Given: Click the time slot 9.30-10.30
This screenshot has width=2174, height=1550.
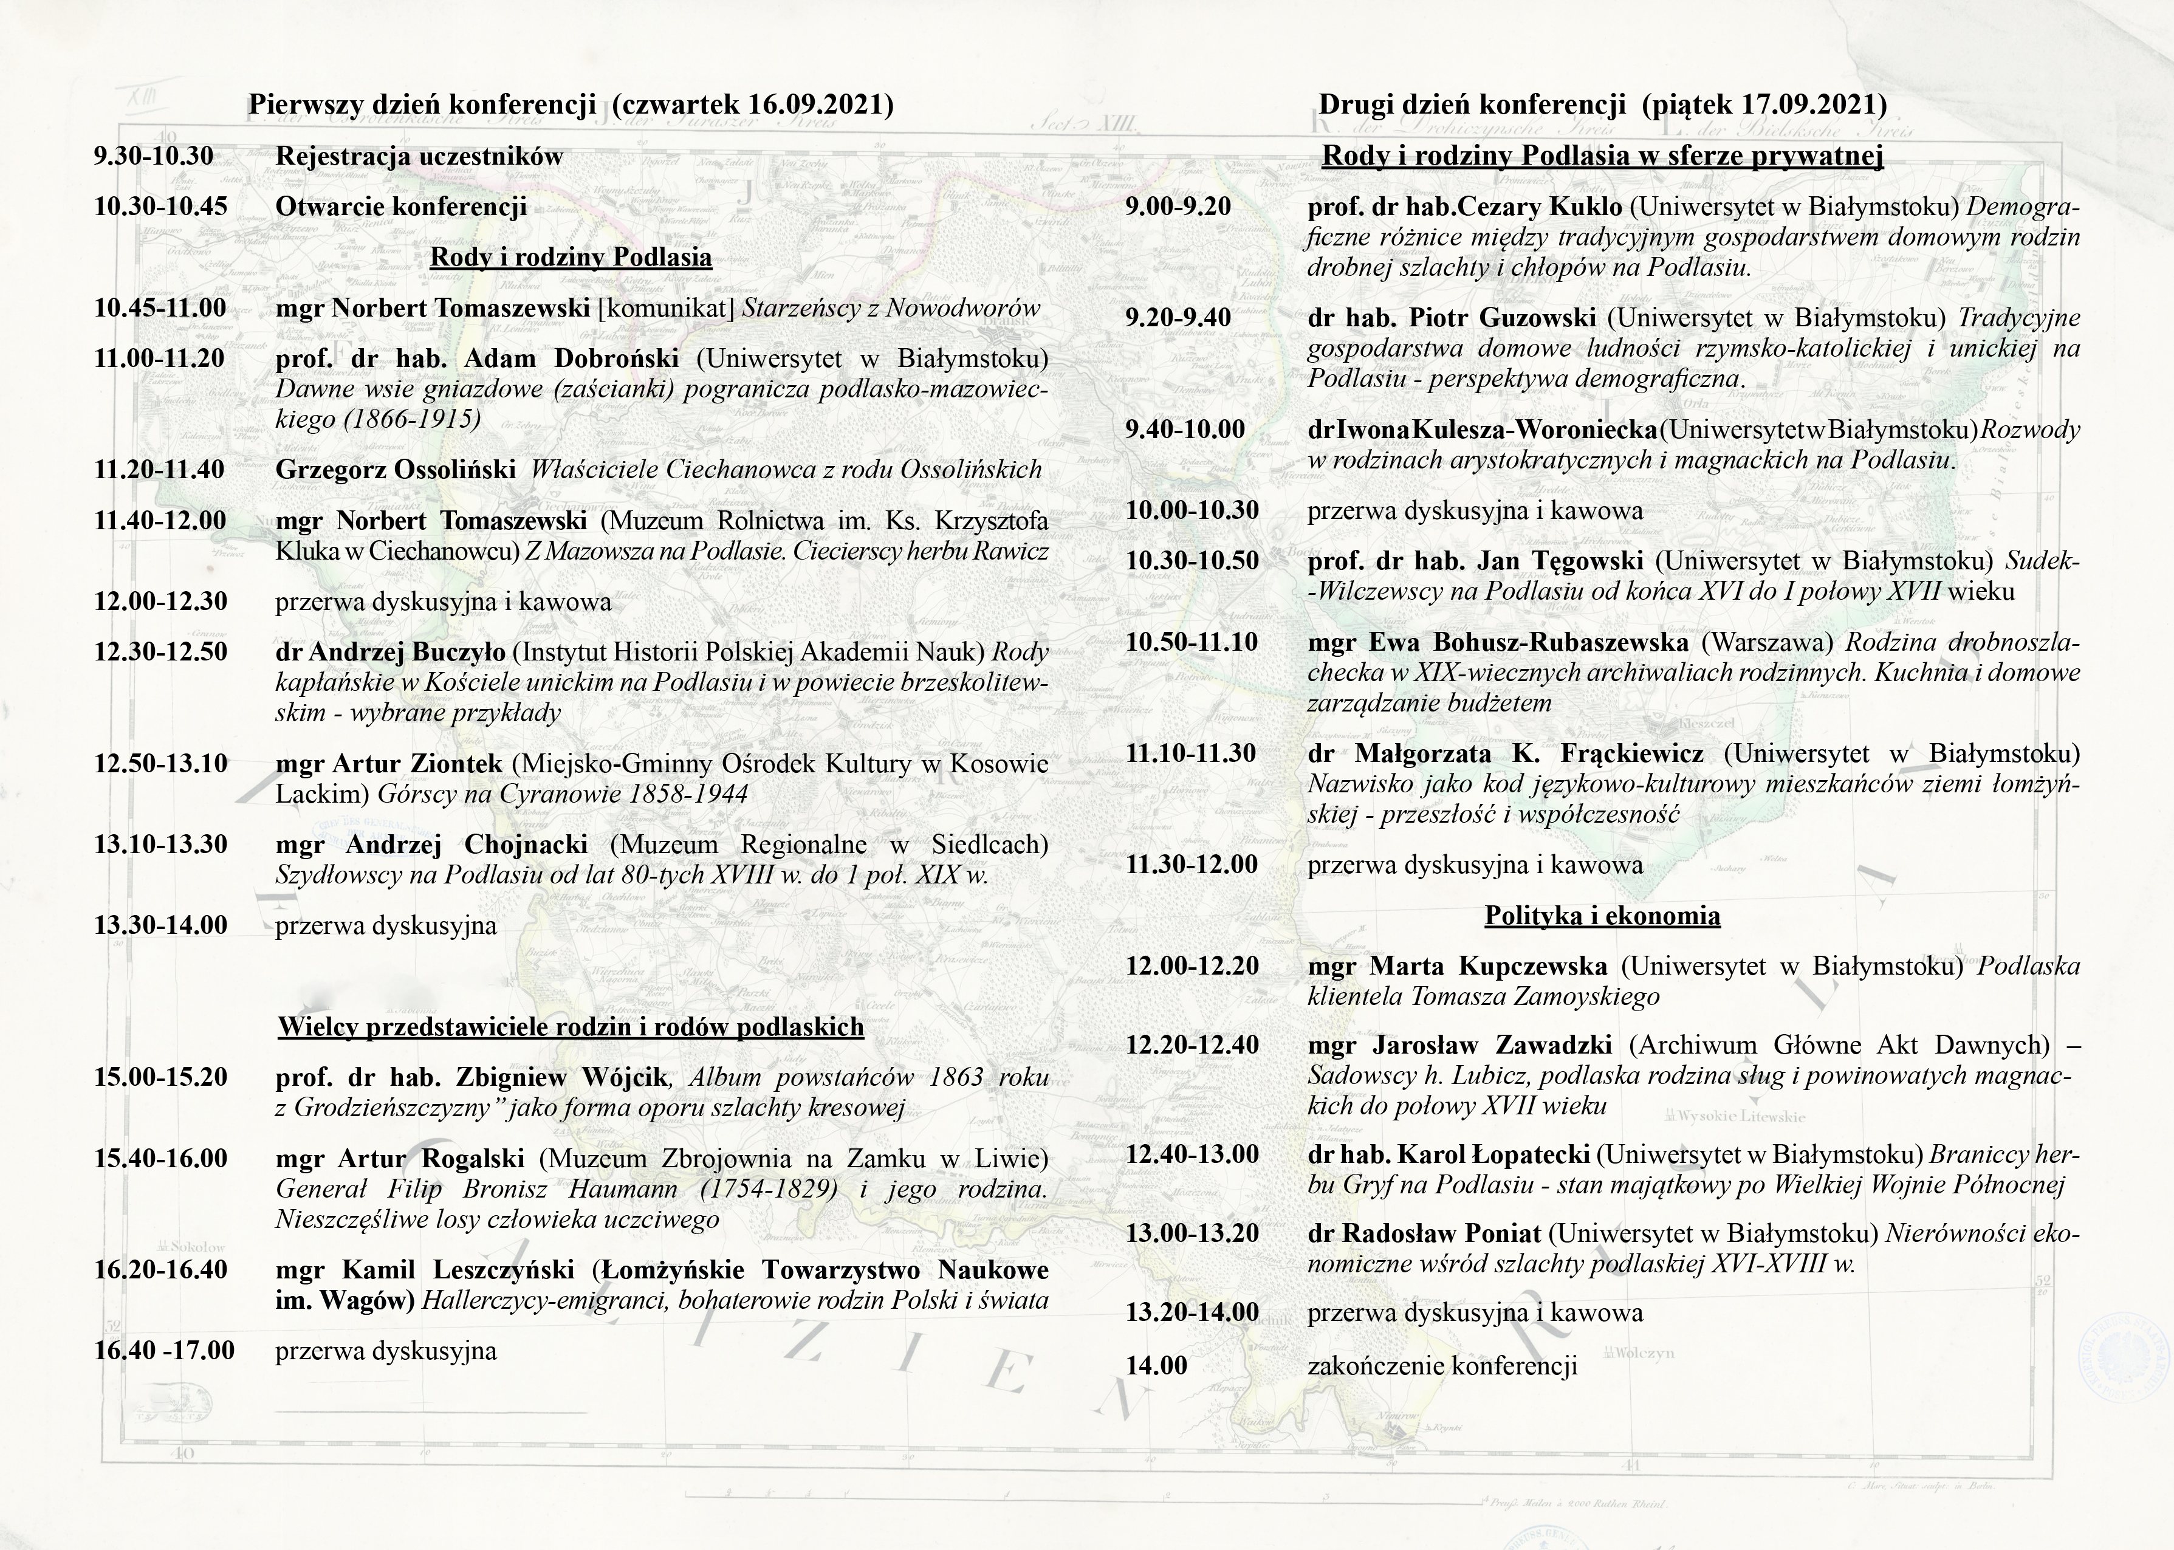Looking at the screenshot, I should pyautogui.click(x=154, y=157).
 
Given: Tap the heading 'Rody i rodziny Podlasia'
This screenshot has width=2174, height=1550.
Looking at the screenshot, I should pyautogui.click(x=571, y=258).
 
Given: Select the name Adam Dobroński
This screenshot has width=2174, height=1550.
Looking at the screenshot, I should pyautogui.click(x=572, y=359).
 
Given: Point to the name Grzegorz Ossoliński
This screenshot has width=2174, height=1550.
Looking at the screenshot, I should pyautogui.click(x=395, y=470).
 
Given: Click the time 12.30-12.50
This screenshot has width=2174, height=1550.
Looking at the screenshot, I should pyautogui.click(x=160, y=652).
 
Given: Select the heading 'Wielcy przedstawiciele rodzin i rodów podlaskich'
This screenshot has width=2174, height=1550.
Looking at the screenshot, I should pyautogui.click(x=571, y=1027).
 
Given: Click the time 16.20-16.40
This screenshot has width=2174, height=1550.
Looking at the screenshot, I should pyautogui.click(x=160, y=1269).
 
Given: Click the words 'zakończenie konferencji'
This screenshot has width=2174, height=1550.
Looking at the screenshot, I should pyautogui.click(x=1442, y=1366).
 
